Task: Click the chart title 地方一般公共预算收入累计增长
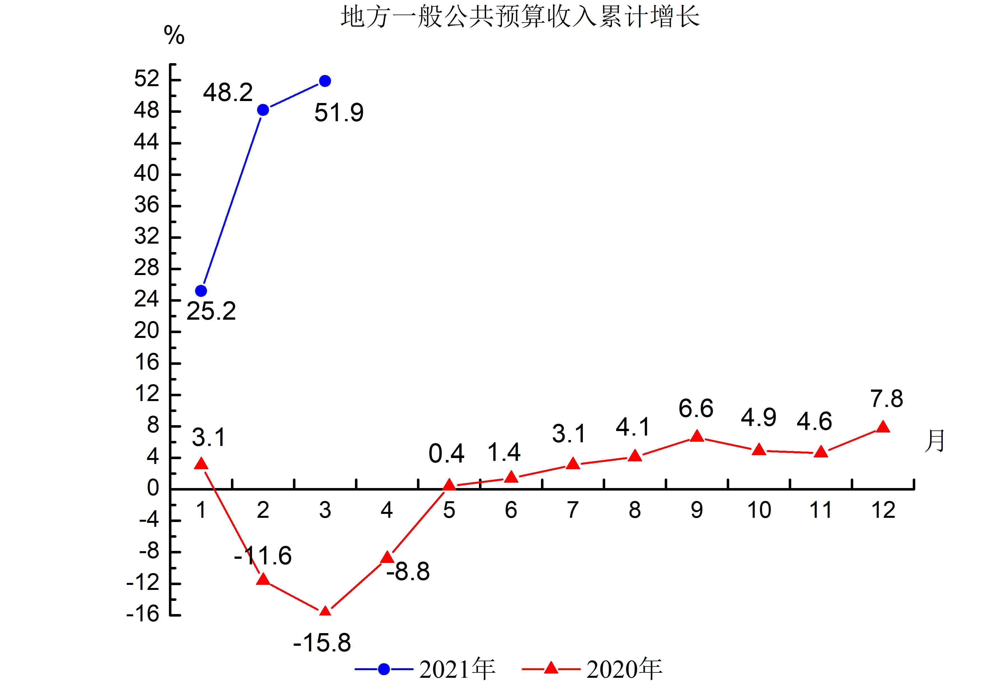click(520, 17)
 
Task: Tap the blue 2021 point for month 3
click(325, 81)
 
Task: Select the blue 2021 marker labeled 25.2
click(201, 291)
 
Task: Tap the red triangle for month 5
click(449, 486)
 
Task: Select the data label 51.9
click(339, 113)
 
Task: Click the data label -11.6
click(263, 556)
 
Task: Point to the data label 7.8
click(886, 399)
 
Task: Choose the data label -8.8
click(408, 571)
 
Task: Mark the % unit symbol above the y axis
click(174, 35)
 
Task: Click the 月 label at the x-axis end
click(934, 441)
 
